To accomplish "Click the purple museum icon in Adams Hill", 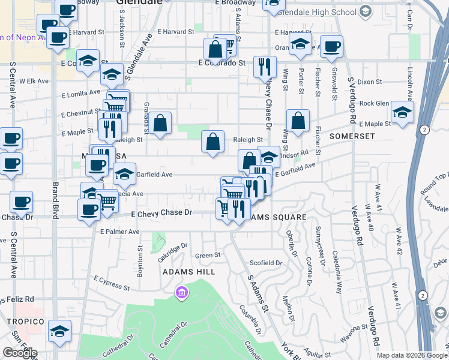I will click(181, 293).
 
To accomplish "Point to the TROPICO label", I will click(22, 322).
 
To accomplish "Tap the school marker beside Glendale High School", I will click(300, 44).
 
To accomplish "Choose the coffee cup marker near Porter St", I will click(331, 47).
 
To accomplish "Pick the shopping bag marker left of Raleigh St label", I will click(212, 143).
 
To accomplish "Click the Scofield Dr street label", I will click(265, 263).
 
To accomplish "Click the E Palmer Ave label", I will click(120, 232).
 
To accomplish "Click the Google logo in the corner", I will click(20, 353).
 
